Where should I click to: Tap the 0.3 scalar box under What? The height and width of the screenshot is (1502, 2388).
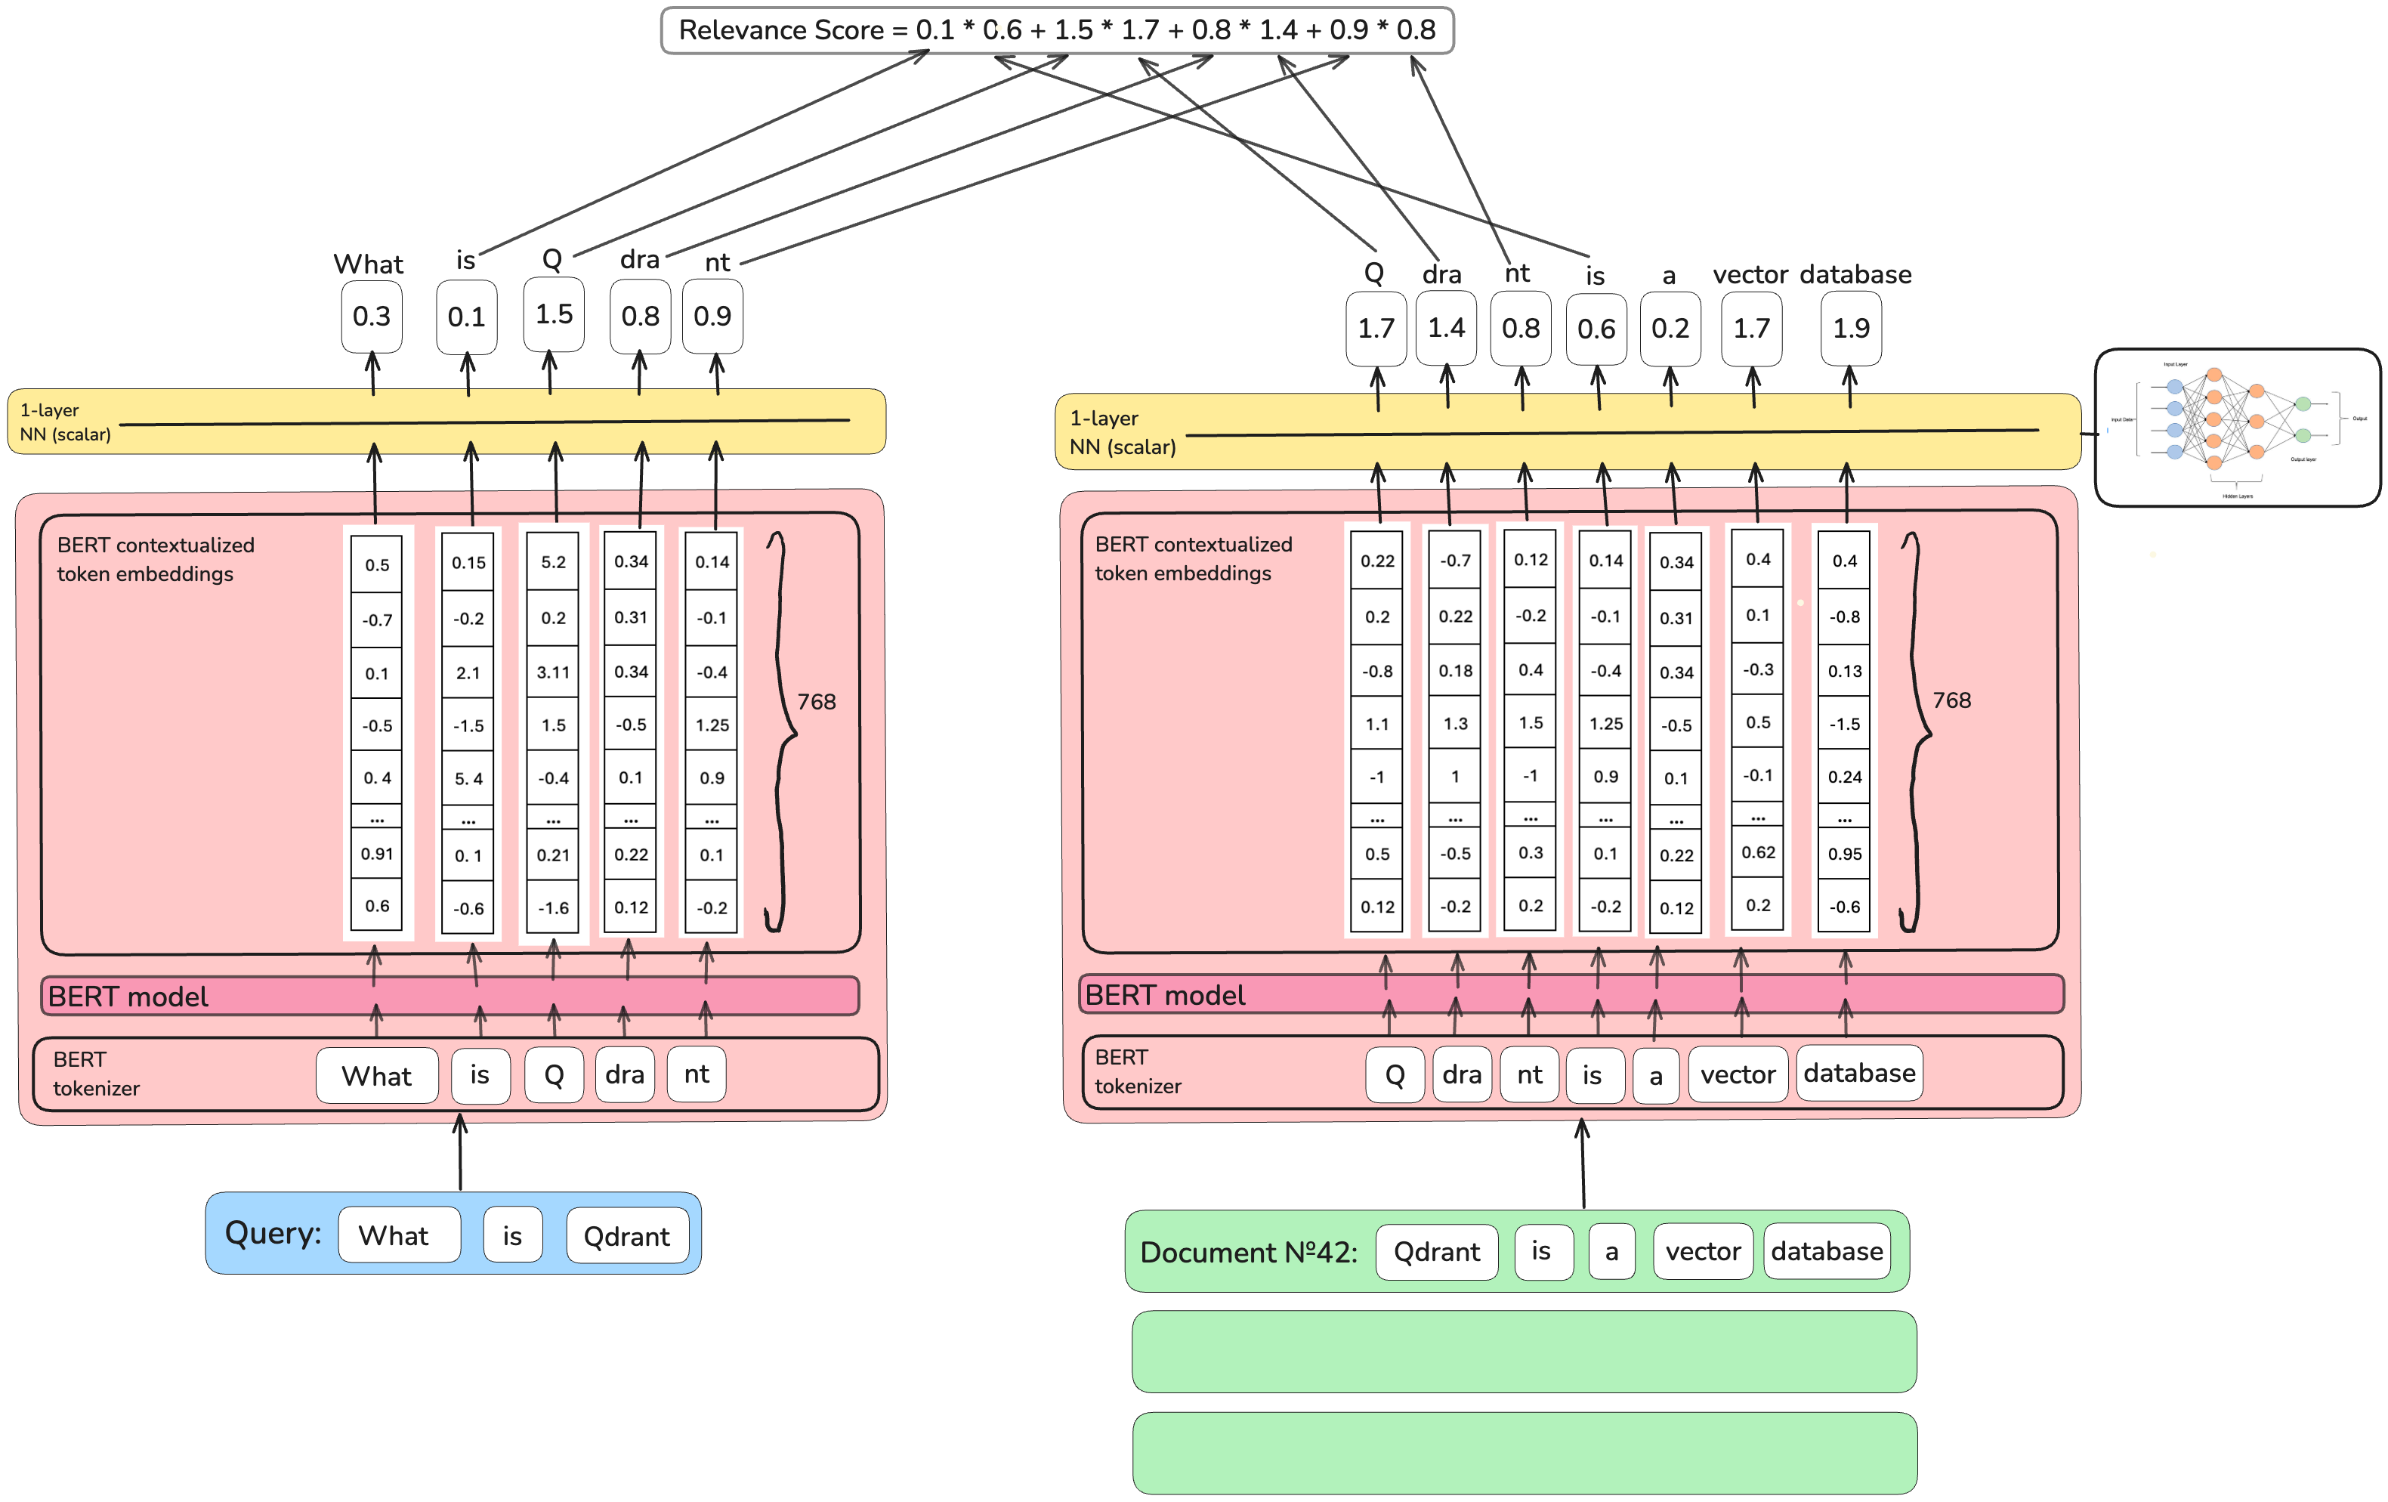[371, 317]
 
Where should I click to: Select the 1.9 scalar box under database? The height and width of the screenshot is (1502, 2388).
[1851, 329]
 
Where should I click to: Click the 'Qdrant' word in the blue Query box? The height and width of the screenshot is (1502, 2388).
[627, 1236]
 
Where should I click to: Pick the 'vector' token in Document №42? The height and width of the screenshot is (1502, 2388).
[1703, 1252]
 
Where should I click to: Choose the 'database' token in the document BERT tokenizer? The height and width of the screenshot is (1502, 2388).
[1858, 1074]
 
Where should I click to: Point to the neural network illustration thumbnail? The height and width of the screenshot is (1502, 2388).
[2236, 428]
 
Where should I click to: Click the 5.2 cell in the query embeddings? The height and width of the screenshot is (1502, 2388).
[553, 563]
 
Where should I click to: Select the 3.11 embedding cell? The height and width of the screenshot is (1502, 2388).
[553, 672]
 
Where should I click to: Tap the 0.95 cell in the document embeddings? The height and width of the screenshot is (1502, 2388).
[1845, 855]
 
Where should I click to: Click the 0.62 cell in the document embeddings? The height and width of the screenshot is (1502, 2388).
[1758, 852]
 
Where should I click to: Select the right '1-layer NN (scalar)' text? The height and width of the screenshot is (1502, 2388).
[1123, 433]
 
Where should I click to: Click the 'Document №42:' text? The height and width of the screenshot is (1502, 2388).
[1249, 1253]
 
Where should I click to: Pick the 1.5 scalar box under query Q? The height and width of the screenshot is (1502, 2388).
[553, 314]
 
